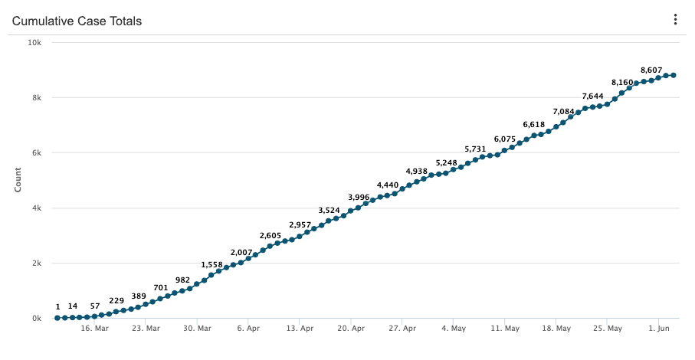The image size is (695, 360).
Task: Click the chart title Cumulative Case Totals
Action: (77, 21)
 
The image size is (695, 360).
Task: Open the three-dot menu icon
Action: (675, 20)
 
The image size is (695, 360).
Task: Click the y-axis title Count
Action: (18, 181)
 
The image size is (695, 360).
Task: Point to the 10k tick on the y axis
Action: (34, 42)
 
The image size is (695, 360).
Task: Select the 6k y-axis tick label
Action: (37, 152)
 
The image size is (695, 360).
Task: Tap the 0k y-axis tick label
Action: (37, 318)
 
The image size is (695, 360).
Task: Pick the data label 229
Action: (116, 300)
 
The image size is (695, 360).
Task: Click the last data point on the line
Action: (673, 75)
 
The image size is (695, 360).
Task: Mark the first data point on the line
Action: (57, 317)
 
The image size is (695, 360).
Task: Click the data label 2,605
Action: (270, 235)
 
